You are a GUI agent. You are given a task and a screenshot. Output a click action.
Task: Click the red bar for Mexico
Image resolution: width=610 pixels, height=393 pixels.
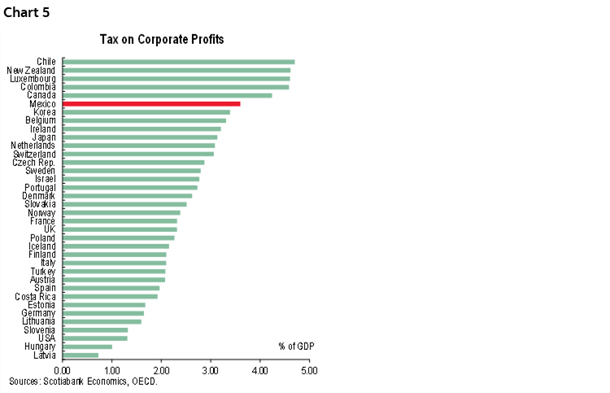click(151, 103)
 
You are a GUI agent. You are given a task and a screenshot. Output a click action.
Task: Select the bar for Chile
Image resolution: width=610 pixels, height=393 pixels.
click(178, 61)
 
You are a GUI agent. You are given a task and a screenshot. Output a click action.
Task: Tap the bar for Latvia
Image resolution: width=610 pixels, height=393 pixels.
click(81, 355)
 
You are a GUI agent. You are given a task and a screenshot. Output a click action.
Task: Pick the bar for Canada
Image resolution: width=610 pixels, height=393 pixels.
click(167, 95)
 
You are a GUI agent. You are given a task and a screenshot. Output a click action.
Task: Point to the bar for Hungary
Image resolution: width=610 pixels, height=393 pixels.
click(87, 347)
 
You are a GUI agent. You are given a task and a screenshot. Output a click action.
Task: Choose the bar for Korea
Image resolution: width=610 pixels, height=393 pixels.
click(146, 111)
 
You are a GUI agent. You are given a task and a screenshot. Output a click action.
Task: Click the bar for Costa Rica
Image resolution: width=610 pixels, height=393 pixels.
click(110, 296)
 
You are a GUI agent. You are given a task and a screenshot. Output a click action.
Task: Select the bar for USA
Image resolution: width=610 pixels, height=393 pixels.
click(95, 338)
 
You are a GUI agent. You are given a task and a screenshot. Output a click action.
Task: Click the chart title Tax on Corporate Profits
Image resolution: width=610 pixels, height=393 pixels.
click(162, 39)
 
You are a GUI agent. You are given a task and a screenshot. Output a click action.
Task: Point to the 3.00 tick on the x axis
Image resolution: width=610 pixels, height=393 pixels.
click(211, 370)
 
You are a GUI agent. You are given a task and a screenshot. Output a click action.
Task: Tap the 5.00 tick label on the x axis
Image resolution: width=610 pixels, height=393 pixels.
click(309, 370)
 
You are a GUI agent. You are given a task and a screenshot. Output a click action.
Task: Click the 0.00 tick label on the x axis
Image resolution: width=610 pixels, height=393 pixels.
click(62, 370)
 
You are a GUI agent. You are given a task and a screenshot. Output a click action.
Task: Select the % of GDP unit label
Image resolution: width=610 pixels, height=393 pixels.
click(294, 346)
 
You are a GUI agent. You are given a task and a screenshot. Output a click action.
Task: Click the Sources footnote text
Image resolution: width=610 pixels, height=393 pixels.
click(83, 381)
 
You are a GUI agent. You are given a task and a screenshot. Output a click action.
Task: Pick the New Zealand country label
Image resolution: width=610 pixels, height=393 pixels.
click(31, 70)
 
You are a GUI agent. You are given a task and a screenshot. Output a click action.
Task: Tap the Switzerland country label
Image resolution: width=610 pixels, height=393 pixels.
click(34, 154)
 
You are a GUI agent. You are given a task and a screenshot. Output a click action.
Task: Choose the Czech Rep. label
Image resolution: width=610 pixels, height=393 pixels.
click(34, 163)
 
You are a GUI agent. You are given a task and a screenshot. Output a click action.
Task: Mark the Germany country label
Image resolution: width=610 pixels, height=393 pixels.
click(38, 313)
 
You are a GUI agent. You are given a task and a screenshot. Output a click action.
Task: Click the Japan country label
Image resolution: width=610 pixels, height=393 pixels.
click(43, 137)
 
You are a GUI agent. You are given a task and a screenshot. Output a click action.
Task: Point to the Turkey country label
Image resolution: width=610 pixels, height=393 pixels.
click(43, 271)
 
